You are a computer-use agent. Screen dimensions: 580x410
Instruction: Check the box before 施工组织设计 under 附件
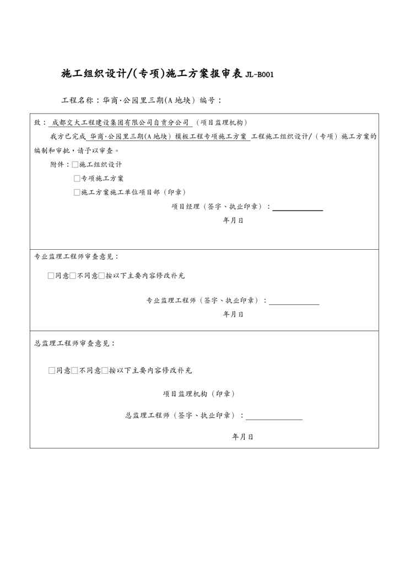(x=75, y=164)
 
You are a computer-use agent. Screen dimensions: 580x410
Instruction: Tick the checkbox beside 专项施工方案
(x=77, y=179)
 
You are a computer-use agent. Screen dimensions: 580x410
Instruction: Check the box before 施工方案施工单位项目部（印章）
(x=77, y=192)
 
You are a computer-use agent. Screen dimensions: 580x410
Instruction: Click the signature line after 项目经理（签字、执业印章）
(x=298, y=209)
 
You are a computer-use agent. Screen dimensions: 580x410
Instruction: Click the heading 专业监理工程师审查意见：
(x=77, y=256)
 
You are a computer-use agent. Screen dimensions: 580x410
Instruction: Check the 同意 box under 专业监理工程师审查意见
(x=51, y=276)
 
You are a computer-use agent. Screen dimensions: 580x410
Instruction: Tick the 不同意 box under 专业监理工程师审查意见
(x=73, y=276)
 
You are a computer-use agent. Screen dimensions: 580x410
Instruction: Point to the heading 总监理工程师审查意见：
(x=75, y=343)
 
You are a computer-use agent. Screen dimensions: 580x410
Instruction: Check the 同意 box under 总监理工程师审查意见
(x=52, y=370)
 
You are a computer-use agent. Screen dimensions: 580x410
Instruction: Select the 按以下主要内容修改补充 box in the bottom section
(x=105, y=370)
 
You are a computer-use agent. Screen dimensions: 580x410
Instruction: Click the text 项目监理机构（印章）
(x=199, y=394)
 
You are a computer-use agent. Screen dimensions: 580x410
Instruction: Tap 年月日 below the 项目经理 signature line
(x=233, y=220)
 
